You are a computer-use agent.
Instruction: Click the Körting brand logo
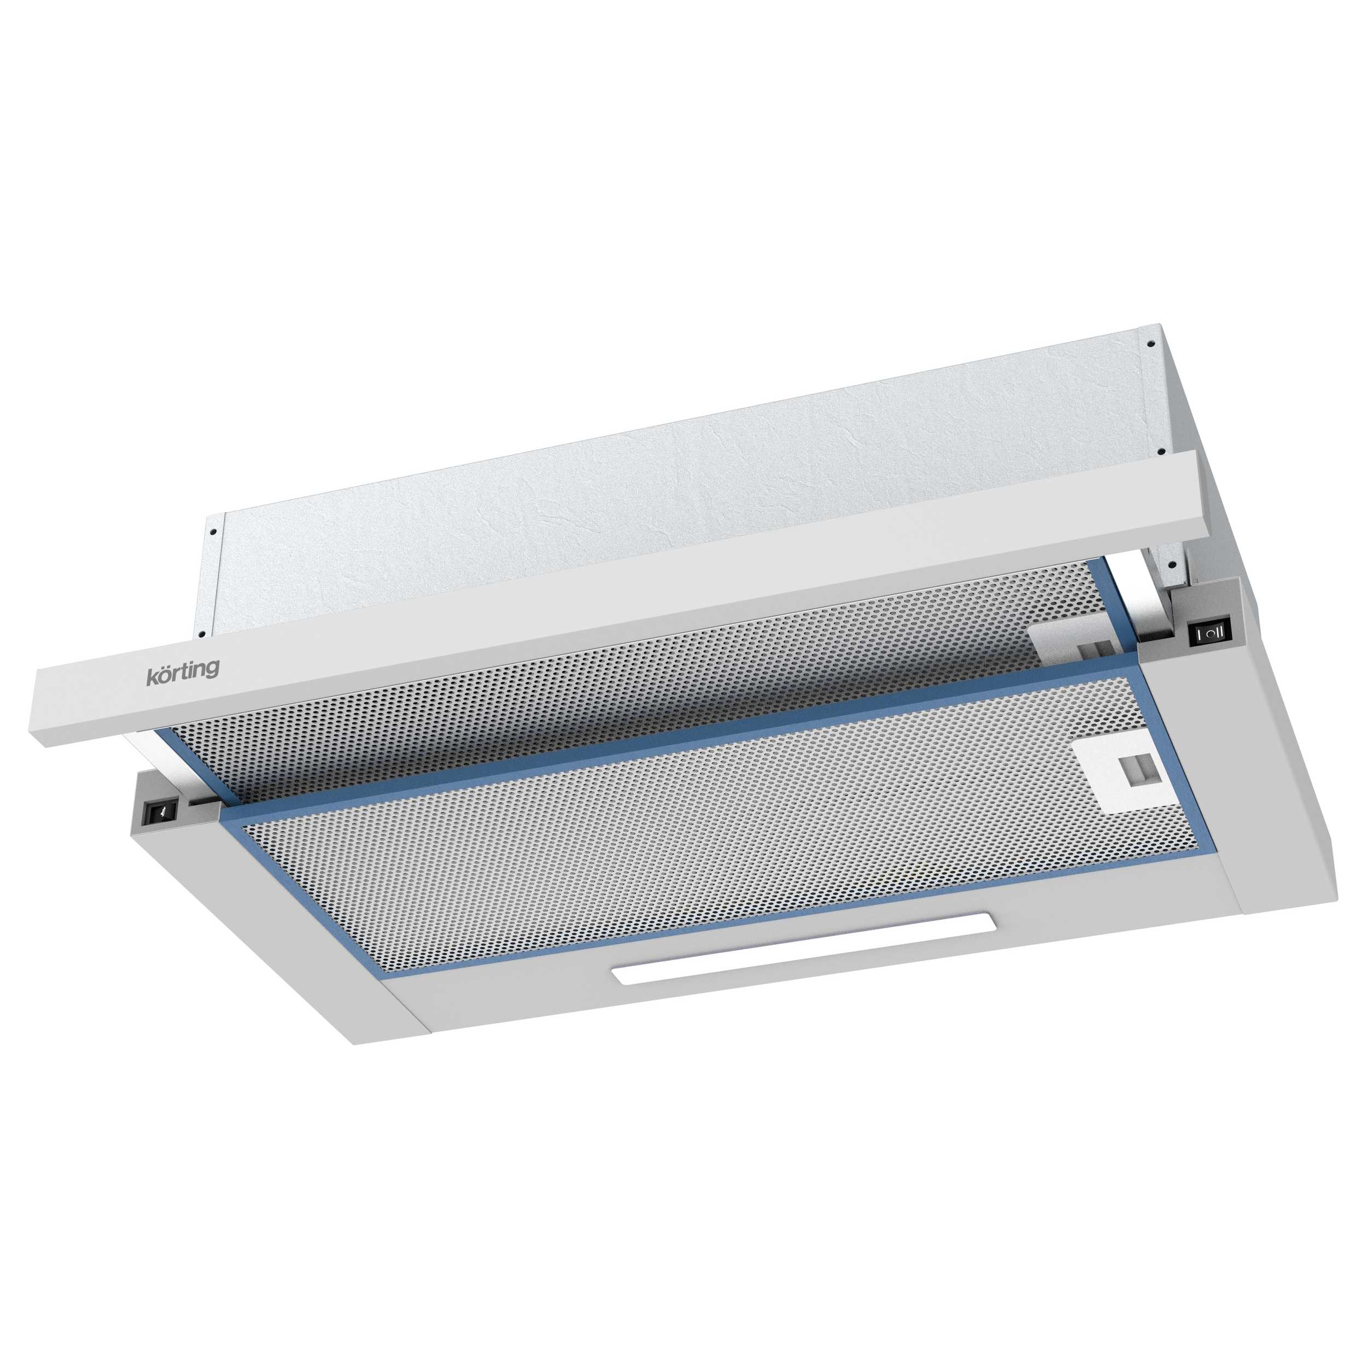tap(183, 671)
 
